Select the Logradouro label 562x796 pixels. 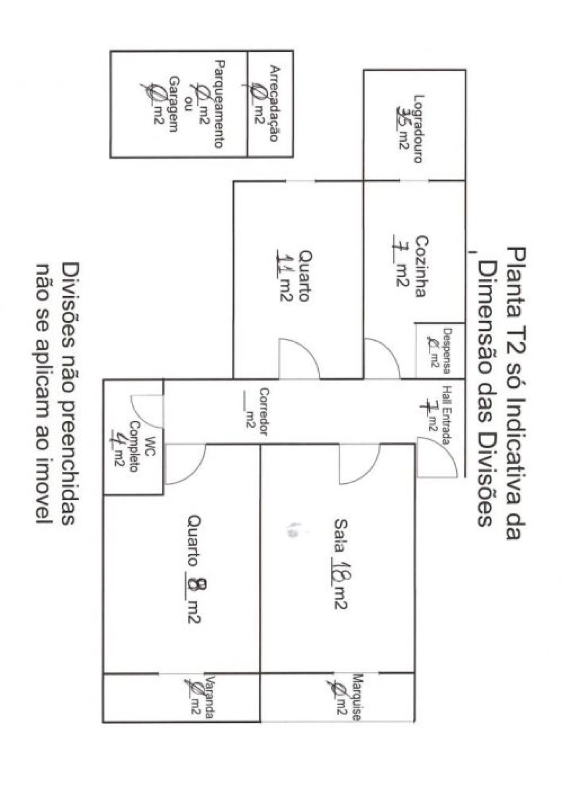[418, 129]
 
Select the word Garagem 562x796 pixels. [174, 104]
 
